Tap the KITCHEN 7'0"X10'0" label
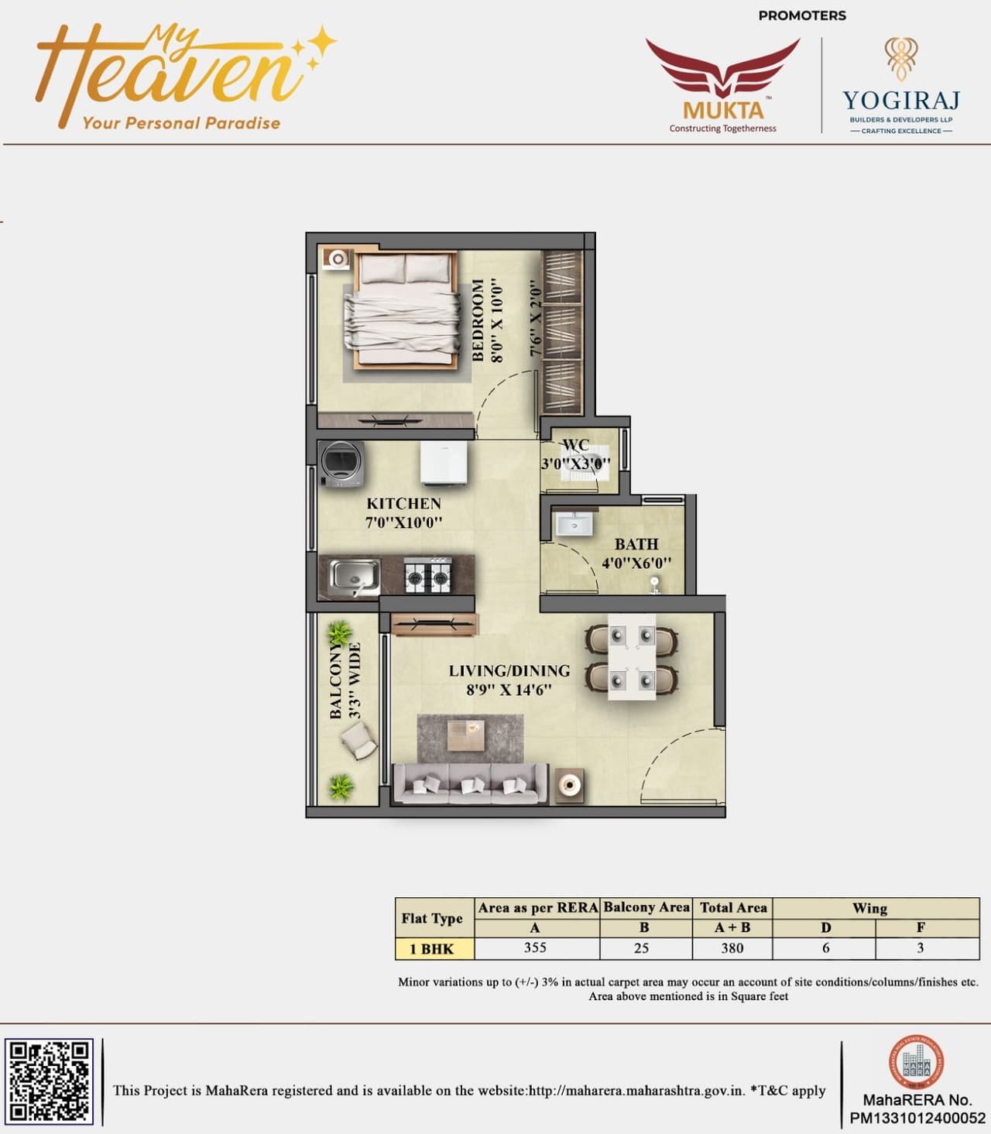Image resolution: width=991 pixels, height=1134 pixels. [x=403, y=512]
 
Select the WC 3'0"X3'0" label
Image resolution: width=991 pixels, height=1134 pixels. [x=575, y=455]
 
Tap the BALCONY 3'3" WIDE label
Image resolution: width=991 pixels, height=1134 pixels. [x=345, y=680]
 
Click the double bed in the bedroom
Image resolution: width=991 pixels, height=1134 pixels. [x=403, y=310]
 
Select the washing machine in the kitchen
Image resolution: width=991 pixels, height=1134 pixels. [x=341, y=464]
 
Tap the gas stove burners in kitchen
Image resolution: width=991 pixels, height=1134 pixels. [x=428, y=575]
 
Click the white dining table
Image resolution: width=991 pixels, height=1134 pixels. [x=632, y=657]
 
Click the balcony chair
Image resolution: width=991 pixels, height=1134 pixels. [x=358, y=742]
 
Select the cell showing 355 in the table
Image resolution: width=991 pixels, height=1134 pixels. [x=536, y=948]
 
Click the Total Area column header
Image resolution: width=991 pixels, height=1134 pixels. [x=732, y=908]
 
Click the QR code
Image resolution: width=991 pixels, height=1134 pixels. [x=50, y=1081]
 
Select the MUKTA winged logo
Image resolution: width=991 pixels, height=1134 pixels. [x=723, y=85]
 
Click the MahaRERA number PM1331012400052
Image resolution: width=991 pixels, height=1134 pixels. [x=917, y=1119]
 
